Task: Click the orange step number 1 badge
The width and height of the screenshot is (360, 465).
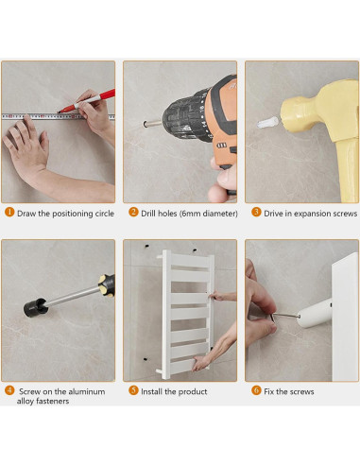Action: (9, 212)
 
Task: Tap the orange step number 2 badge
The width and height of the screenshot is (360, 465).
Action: (133, 212)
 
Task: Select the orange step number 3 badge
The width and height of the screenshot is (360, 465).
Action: (256, 212)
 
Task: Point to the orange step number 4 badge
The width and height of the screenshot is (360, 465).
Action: (9, 390)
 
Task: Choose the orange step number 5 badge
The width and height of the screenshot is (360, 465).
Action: (133, 390)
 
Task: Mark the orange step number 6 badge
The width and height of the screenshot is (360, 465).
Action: (256, 390)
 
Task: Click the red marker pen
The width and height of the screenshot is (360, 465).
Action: (86, 101)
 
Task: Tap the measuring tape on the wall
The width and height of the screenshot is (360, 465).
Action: (59, 116)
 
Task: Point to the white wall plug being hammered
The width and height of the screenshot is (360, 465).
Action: (267, 123)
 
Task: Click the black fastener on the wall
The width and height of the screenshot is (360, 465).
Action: (36, 307)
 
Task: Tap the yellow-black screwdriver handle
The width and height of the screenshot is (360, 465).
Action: (107, 284)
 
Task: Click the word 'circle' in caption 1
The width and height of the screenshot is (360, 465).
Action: (104, 214)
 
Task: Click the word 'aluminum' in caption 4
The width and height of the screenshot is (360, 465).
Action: (87, 391)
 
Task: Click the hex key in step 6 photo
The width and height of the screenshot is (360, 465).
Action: (285, 316)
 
